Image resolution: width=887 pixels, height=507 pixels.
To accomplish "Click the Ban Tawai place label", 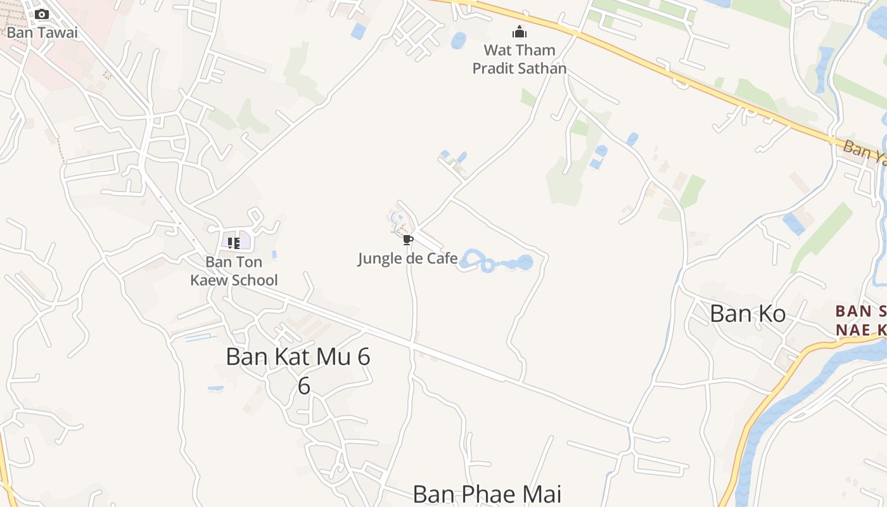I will click(42, 32).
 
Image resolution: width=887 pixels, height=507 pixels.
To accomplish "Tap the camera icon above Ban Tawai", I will click(42, 14).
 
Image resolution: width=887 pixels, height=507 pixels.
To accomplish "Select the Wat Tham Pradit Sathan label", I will click(520, 59).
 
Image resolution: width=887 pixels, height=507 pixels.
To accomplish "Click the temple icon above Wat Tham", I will click(520, 32).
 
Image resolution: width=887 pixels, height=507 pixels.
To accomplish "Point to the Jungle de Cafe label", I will click(407, 259).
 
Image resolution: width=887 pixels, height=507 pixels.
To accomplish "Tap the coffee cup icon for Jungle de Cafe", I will click(407, 240).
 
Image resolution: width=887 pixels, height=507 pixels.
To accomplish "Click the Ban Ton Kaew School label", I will click(234, 271).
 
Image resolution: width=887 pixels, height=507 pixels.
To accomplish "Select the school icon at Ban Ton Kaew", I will click(234, 243).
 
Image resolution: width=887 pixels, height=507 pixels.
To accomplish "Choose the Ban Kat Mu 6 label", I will click(298, 357).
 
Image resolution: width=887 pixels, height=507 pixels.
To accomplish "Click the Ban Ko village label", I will click(748, 314).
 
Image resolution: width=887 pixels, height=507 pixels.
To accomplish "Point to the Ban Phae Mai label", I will click(487, 494).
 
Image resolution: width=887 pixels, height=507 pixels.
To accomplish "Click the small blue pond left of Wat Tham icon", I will click(457, 40).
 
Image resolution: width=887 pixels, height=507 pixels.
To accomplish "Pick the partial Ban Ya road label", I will click(865, 153).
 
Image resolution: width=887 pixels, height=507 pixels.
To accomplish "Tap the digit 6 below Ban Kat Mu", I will click(304, 386).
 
